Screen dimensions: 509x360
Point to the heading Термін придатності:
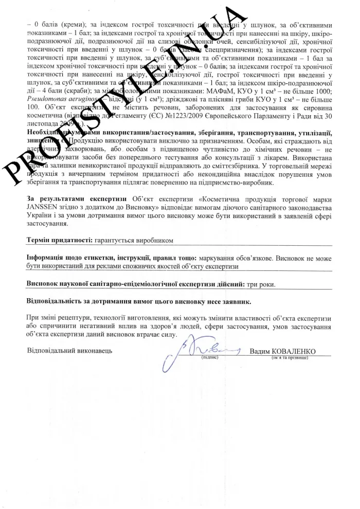click(x=59, y=241)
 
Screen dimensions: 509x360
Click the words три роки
click(x=260, y=284)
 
